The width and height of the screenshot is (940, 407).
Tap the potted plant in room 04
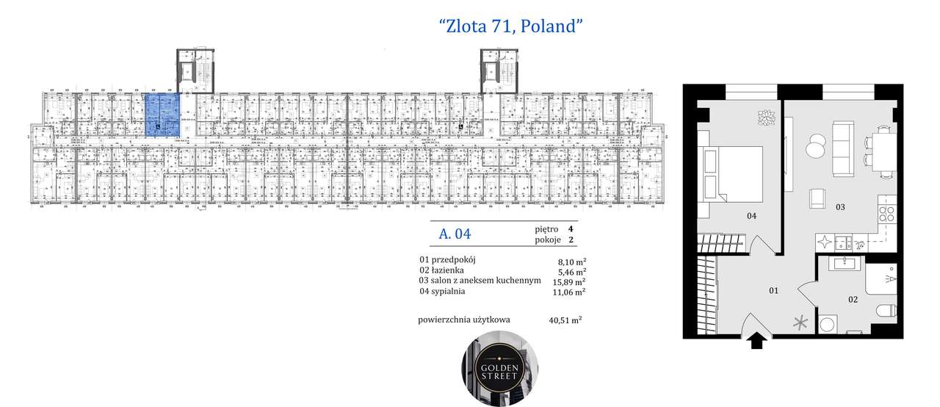pos(767,118)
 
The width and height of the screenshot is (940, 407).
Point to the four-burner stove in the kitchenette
pos(886,215)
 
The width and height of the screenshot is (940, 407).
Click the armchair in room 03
pos(817,198)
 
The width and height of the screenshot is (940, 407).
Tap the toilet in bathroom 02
pos(886,312)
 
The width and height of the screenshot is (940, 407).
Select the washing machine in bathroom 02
pos(828,324)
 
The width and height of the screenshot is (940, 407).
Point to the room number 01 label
pos(773,291)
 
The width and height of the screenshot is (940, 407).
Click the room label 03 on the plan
pos(839,207)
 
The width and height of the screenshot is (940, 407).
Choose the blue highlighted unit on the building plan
pos(162,115)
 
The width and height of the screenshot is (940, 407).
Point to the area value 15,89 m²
pos(571,281)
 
